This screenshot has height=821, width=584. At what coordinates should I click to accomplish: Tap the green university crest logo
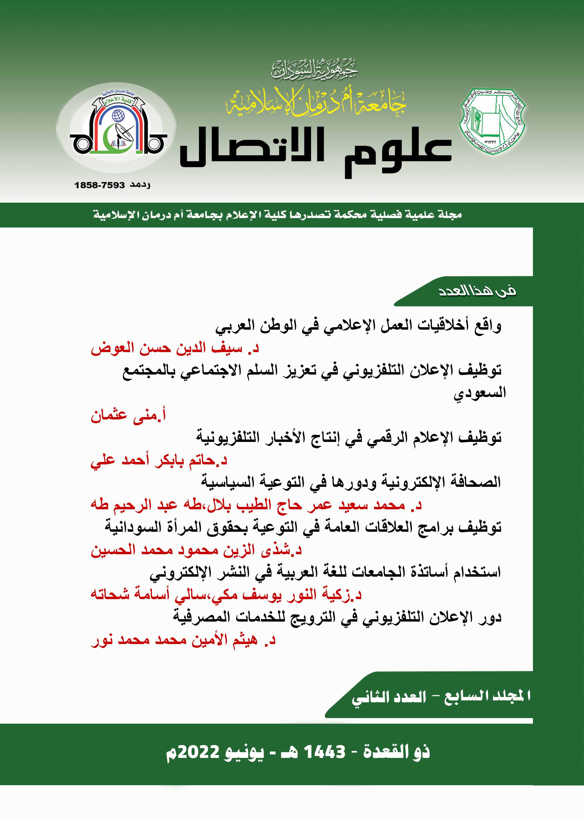pyautogui.click(x=492, y=121)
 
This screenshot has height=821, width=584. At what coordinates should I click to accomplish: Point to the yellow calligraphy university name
pyautogui.click(x=316, y=102)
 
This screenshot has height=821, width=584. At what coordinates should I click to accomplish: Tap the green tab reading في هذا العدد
pyautogui.click(x=477, y=291)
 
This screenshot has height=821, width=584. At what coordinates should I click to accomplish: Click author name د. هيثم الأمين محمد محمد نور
pyautogui.click(x=183, y=640)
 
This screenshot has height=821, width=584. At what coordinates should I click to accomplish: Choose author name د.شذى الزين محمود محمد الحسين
pyautogui.click(x=196, y=550)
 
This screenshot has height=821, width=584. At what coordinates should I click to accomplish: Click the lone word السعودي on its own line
pyautogui.click(x=479, y=393)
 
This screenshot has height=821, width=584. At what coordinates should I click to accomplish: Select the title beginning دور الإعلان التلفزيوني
pyautogui.click(x=337, y=618)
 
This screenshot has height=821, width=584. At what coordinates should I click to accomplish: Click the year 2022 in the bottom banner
pyautogui.click(x=199, y=751)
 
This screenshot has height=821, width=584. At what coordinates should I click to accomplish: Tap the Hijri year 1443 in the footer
pyautogui.click(x=324, y=751)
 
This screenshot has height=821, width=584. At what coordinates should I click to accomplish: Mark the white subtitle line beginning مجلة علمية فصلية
pyautogui.click(x=277, y=215)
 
